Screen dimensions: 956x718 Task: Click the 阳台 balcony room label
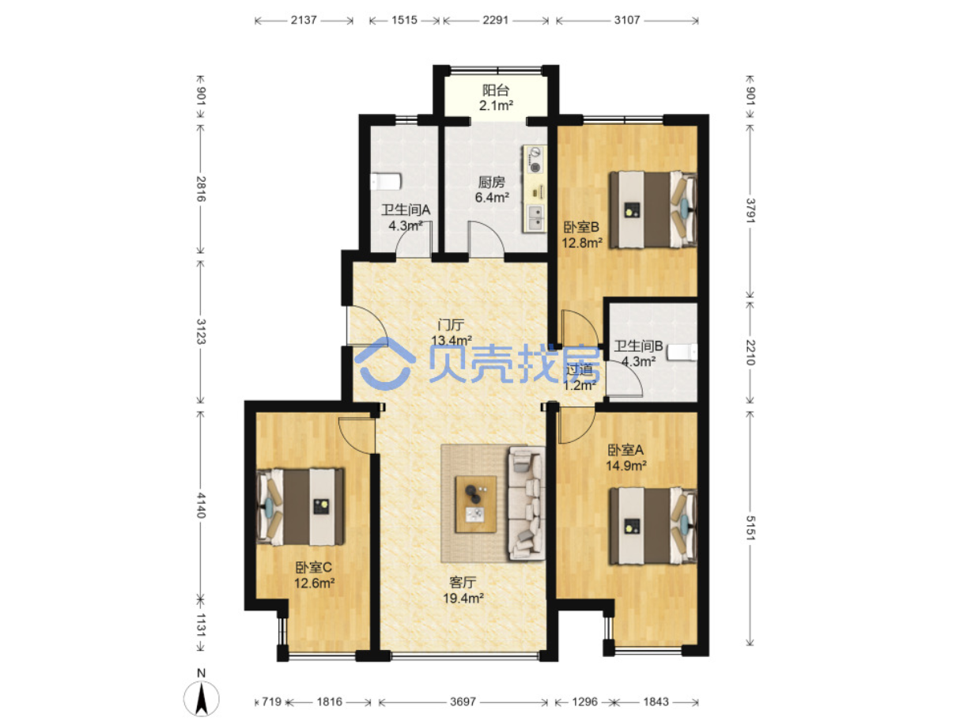coord(496,90)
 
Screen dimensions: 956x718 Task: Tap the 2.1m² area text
coord(496,105)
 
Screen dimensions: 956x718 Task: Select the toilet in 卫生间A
coord(386,182)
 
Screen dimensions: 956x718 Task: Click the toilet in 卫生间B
coord(682,352)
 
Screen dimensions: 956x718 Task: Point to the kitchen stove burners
coord(535,160)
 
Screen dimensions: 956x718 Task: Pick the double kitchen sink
coord(535,217)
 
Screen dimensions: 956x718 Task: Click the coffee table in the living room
coord(475,504)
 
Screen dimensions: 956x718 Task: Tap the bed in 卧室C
coord(300,507)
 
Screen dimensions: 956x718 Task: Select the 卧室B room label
coord(581,227)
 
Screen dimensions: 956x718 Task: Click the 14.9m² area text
coord(625,466)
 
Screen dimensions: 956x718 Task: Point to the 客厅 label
coord(463,583)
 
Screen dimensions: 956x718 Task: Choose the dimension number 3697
coord(463,702)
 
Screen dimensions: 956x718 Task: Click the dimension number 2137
coord(304,20)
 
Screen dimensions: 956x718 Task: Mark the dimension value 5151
coord(750,527)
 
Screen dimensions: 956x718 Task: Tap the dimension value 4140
coord(200,505)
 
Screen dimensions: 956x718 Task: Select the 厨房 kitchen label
coord(491,182)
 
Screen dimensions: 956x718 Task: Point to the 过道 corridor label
coord(580,369)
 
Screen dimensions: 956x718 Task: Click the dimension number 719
coord(272,702)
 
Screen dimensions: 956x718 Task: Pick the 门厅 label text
coord(452,325)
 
